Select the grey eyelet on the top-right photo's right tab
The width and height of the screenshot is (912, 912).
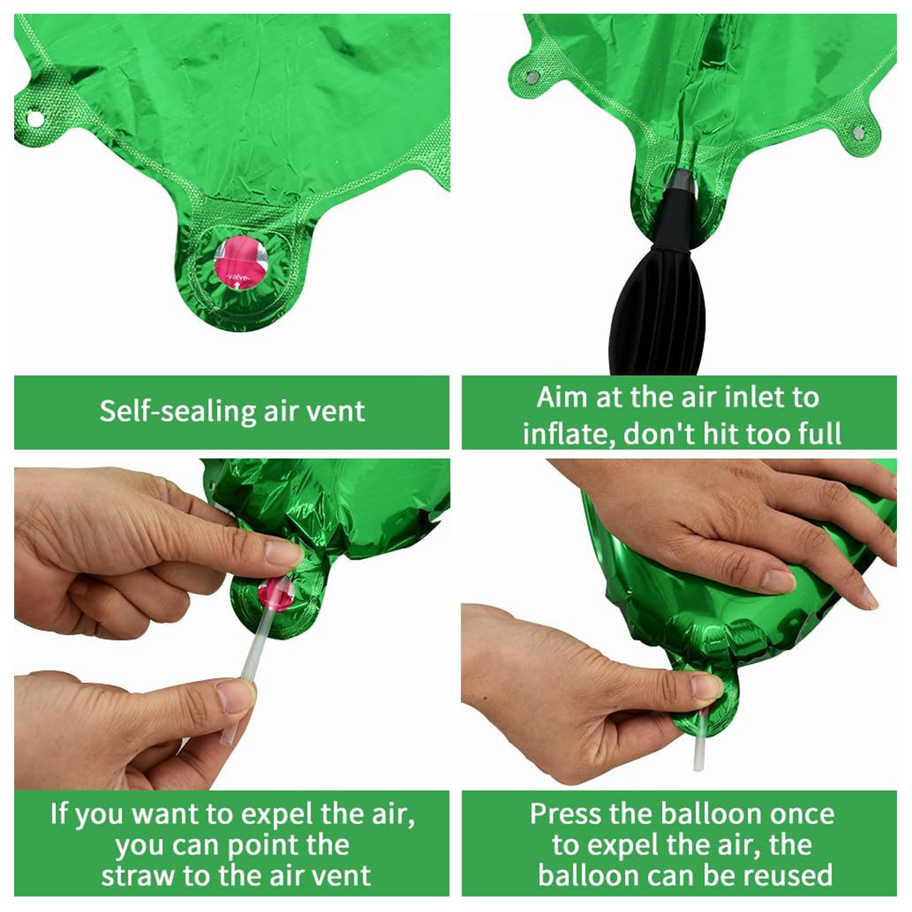coord(857,133)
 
